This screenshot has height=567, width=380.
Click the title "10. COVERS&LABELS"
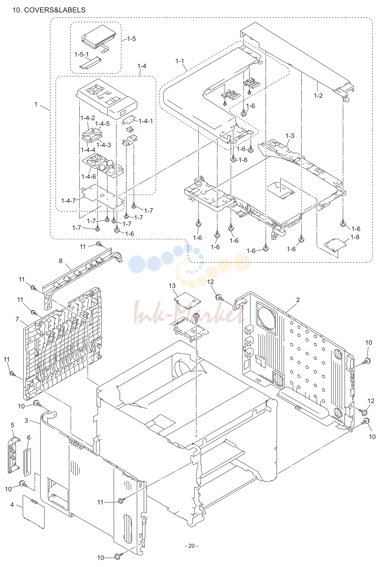tap(49, 10)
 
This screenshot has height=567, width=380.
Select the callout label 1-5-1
tap(81, 54)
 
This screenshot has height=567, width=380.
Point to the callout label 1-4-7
tap(68, 201)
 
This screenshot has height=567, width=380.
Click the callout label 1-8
tap(355, 237)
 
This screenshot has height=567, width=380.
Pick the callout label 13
tap(172, 286)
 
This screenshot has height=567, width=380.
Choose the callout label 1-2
tap(318, 95)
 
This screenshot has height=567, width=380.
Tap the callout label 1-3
tap(290, 136)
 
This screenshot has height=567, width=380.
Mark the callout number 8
tap(60, 261)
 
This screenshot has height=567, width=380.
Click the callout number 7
tap(17, 319)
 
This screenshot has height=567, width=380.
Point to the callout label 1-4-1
tap(146, 121)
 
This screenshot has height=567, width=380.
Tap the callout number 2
tap(298, 300)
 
